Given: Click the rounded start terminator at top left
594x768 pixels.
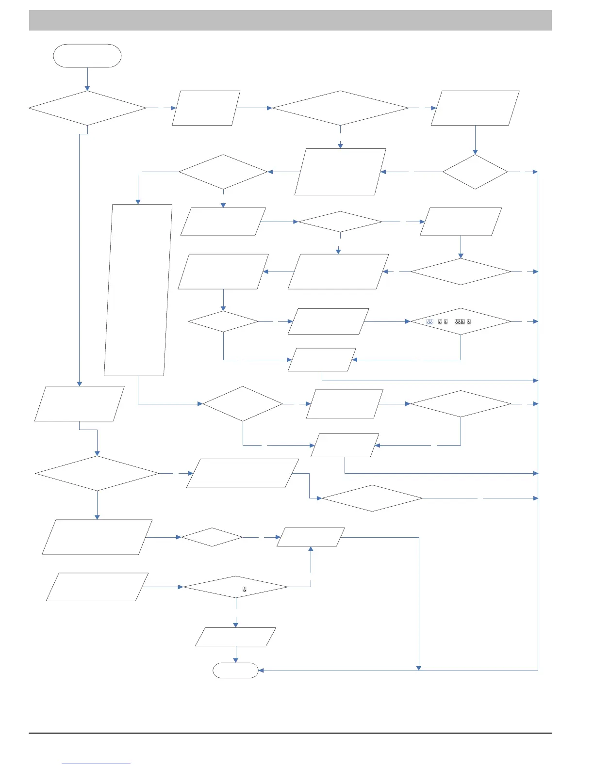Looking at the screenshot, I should click(x=87, y=56).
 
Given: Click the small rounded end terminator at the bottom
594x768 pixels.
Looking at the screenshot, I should click(x=235, y=670).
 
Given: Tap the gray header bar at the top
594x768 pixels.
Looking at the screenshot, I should click(x=290, y=20).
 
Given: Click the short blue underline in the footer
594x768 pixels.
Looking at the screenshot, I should click(x=96, y=764).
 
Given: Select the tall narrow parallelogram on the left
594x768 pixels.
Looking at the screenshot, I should click(x=138, y=290).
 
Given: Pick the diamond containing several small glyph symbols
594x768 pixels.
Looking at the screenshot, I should click(x=461, y=321).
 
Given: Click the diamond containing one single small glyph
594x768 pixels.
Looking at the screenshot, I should click(x=235, y=587).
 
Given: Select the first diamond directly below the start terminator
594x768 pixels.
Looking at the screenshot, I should click(x=87, y=108).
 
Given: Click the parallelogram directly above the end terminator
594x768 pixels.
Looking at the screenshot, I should click(x=235, y=637).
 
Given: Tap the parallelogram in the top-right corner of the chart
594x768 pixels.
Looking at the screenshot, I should click(x=475, y=108).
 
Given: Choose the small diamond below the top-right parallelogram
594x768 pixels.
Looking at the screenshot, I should click(x=475, y=172).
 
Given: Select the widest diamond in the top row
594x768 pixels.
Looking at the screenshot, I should click(x=340, y=108).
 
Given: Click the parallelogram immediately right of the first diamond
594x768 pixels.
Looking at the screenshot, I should click(x=206, y=108).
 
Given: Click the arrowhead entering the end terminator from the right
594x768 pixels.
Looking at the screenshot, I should click(x=261, y=671).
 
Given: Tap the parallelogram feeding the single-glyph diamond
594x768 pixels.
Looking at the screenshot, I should click(x=97, y=587).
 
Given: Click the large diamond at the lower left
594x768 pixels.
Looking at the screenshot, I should click(x=97, y=473).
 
